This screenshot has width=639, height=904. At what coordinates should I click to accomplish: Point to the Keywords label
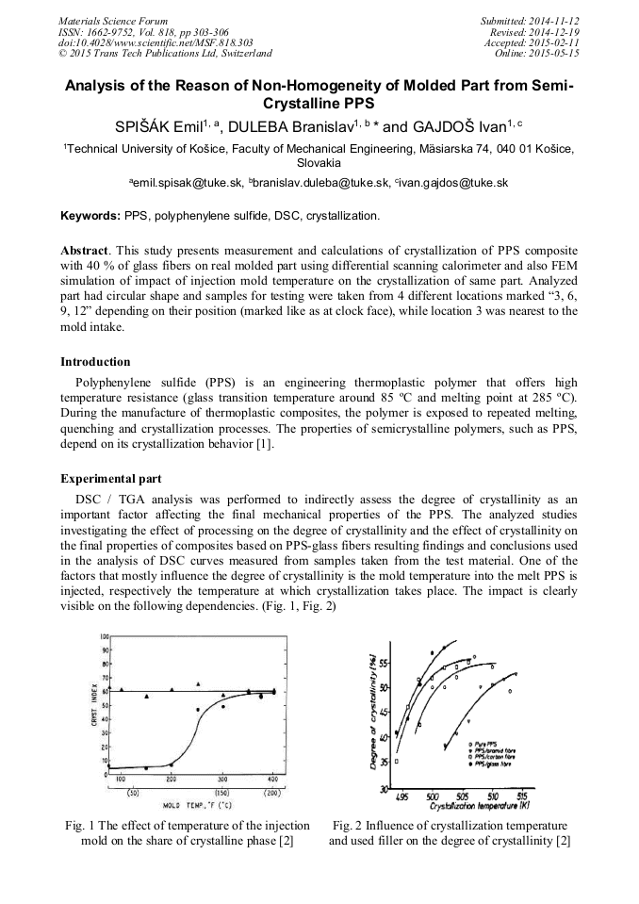coord(90,216)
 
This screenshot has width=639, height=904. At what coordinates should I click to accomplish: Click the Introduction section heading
coord(95,361)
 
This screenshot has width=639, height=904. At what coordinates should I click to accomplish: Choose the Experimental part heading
coord(110,479)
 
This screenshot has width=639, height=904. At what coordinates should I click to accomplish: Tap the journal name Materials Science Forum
coord(113,21)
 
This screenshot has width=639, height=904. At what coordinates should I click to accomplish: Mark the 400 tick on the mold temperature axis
coord(272,781)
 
